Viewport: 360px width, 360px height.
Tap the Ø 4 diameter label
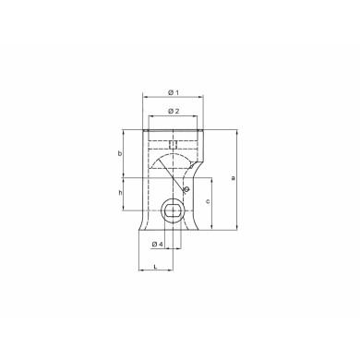(157, 244)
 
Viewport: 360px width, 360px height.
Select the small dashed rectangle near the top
(173, 143)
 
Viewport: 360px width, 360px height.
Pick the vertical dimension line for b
(126, 152)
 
